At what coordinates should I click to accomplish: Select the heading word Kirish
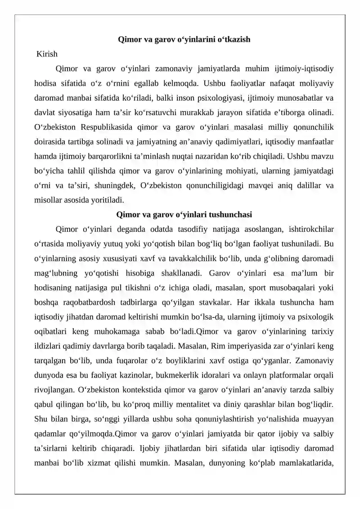click(47, 54)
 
